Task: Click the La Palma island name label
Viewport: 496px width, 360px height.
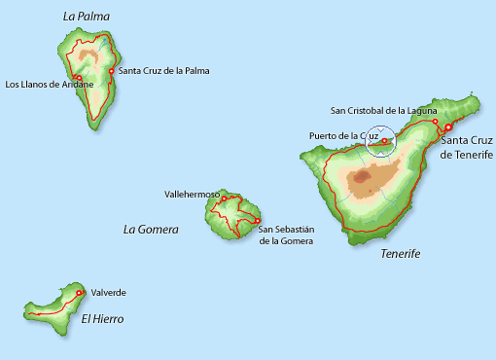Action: pos(86,16)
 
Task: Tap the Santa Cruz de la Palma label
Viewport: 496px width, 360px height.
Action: pos(163,71)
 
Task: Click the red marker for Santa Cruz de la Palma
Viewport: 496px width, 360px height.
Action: pos(112,71)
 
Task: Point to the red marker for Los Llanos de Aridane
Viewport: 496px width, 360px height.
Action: pos(77,78)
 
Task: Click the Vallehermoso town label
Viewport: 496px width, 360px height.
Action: pos(192,195)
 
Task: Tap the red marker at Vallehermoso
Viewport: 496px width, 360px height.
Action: pos(224,199)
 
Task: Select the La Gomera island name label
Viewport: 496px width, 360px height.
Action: pos(152,230)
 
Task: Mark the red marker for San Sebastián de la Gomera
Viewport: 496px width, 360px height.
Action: pos(256,220)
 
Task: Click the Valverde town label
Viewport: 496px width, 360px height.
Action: pos(108,292)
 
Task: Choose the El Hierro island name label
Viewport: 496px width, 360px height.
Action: pos(102,318)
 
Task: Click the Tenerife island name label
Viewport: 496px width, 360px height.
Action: pos(400,253)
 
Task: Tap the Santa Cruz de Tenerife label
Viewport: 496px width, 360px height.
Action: pos(467,148)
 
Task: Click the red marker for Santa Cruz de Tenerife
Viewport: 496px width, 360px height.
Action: pos(448,127)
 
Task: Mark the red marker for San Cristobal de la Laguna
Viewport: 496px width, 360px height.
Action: pos(435,123)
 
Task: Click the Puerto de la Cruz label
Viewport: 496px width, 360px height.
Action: pos(342,135)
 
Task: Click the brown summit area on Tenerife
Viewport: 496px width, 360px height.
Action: pos(367,177)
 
